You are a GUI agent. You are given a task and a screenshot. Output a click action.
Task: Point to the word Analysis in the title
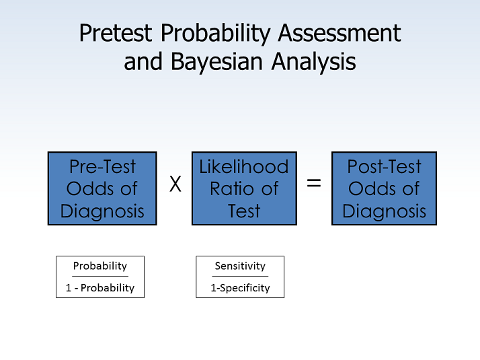313,61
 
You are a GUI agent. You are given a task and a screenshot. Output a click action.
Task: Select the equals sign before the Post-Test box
314,183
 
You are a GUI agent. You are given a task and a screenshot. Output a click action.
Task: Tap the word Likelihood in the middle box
244,167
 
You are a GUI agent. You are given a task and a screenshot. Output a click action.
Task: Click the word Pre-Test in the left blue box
102,167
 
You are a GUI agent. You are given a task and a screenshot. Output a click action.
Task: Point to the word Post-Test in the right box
384,167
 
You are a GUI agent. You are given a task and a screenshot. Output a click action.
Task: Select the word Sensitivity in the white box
240,266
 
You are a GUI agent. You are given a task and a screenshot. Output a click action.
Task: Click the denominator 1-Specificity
240,287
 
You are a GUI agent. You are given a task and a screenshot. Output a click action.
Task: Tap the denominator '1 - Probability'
99,287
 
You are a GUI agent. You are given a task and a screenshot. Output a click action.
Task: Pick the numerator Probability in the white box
99,266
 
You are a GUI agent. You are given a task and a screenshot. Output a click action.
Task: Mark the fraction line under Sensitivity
240,276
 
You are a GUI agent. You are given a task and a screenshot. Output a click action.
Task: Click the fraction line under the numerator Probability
99,276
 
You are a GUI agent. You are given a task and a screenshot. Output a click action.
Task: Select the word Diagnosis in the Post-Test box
384,211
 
